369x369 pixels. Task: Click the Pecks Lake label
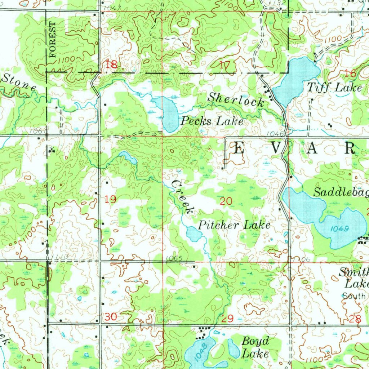click(x=212, y=121)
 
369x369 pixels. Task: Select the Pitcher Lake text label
click(x=234, y=226)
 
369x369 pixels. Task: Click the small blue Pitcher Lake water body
click(x=194, y=235)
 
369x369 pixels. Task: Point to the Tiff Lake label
click(x=334, y=87)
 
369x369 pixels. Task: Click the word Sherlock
click(x=236, y=99)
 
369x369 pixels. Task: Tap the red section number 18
click(x=111, y=65)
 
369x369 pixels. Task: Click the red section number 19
click(x=111, y=199)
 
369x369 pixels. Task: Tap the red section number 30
click(x=111, y=317)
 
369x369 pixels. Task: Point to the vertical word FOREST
click(x=53, y=40)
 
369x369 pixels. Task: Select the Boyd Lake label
click(x=255, y=347)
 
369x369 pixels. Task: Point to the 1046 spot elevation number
click(x=274, y=134)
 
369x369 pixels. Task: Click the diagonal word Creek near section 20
click(x=183, y=197)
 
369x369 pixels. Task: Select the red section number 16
click(x=350, y=74)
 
